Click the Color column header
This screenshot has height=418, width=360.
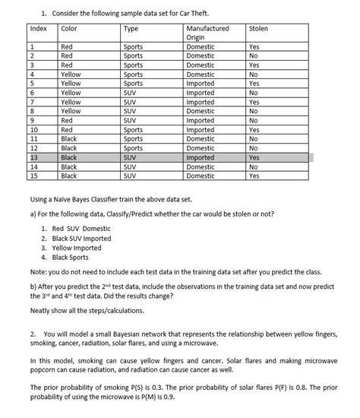click(69, 29)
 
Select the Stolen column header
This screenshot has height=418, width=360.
click(258, 29)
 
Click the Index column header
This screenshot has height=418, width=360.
click(38, 29)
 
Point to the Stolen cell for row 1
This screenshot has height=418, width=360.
click(254, 46)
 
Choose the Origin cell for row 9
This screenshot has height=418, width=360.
click(200, 120)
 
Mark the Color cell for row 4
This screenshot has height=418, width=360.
click(70, 74)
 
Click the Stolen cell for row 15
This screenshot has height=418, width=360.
click(254, 176)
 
